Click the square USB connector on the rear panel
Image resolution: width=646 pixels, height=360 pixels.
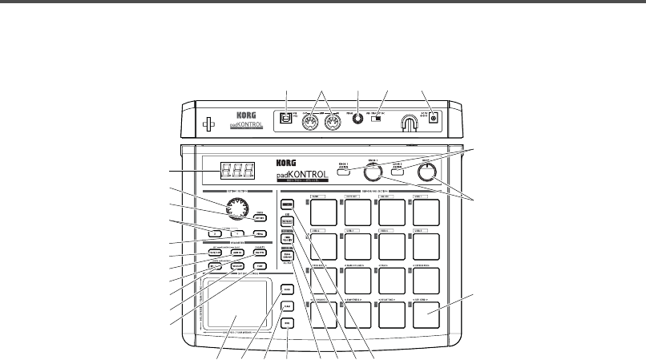point(285,119)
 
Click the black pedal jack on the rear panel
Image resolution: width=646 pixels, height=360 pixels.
point(357,119)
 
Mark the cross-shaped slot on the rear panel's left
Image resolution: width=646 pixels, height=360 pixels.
point(208,123)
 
